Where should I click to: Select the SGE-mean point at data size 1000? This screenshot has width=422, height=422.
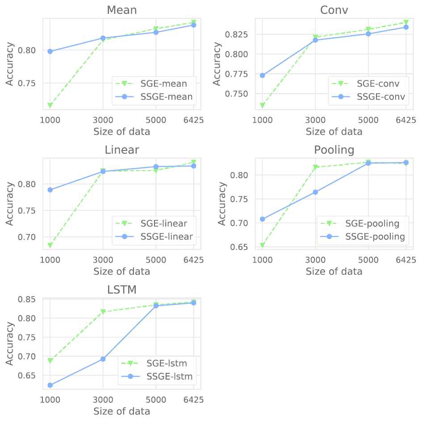coord(50,105)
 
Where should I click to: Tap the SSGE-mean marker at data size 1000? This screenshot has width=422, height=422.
coord(50,51)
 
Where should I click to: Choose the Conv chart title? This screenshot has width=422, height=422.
coord(334,10)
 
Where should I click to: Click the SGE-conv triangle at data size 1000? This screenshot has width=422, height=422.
coord(263,105)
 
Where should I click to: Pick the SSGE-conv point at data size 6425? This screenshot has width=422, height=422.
coord(406,27)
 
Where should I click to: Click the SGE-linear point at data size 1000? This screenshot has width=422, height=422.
coord(50,245)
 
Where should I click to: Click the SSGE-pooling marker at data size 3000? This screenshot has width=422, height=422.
coord(315,192)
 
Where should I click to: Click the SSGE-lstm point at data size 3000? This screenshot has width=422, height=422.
coord(103,359)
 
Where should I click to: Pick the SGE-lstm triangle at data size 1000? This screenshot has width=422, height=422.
coord(50,360)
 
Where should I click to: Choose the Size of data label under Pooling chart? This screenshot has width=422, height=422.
coord(334,272)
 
